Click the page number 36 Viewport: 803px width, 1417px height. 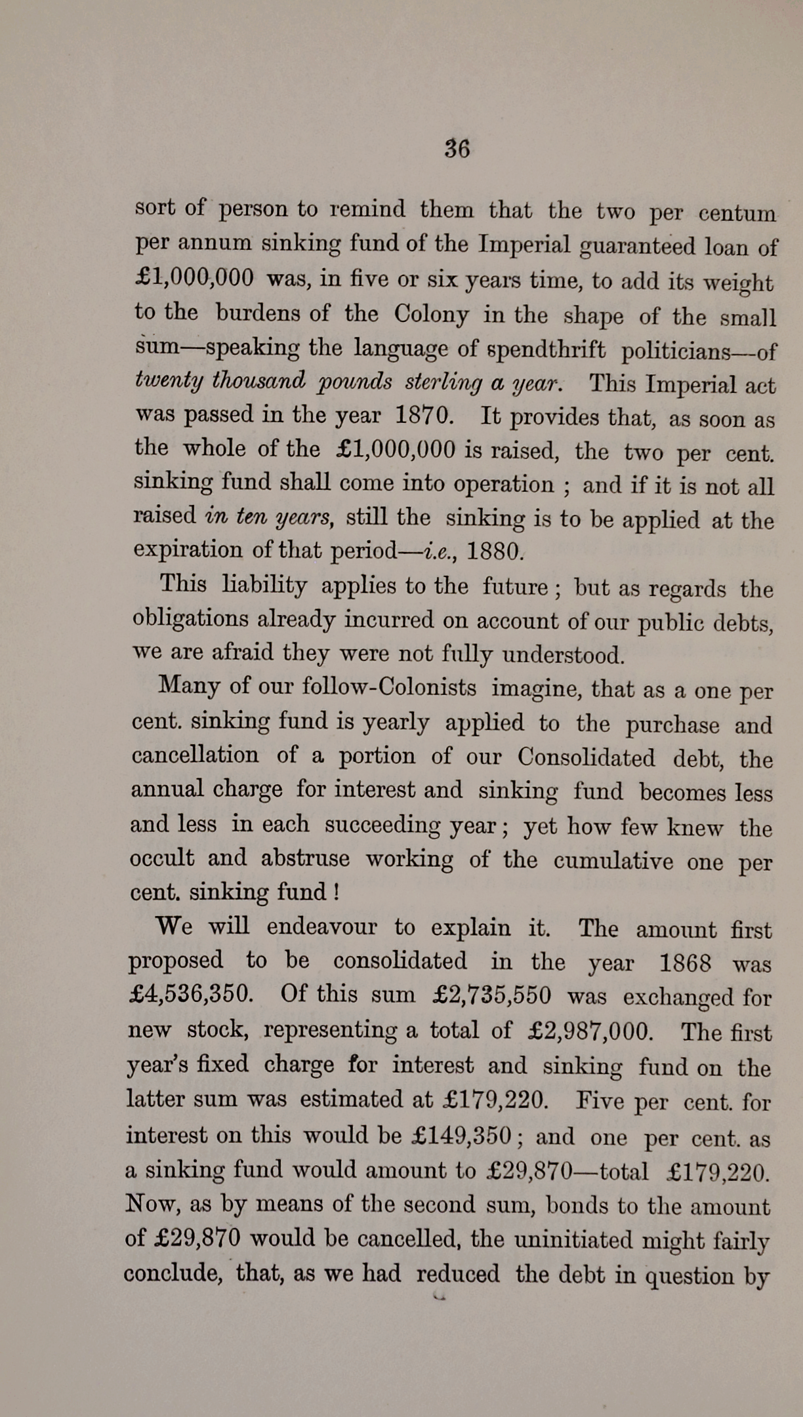tap(457, 149)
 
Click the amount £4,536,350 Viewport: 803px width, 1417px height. tap(190, 995)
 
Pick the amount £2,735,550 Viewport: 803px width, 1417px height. tap(492, 996)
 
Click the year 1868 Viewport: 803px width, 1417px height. tap(685, 963)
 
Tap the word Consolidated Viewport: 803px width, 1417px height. tap(586, 757)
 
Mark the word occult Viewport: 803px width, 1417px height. tap(163, 858)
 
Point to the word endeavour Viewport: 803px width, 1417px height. tap(321, 927)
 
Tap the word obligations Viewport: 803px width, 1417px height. tap(190, 619)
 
